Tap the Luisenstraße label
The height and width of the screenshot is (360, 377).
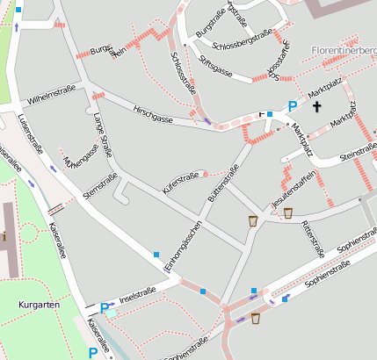coord(30,133)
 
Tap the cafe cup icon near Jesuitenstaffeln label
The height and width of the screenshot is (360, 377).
coord(287,212)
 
